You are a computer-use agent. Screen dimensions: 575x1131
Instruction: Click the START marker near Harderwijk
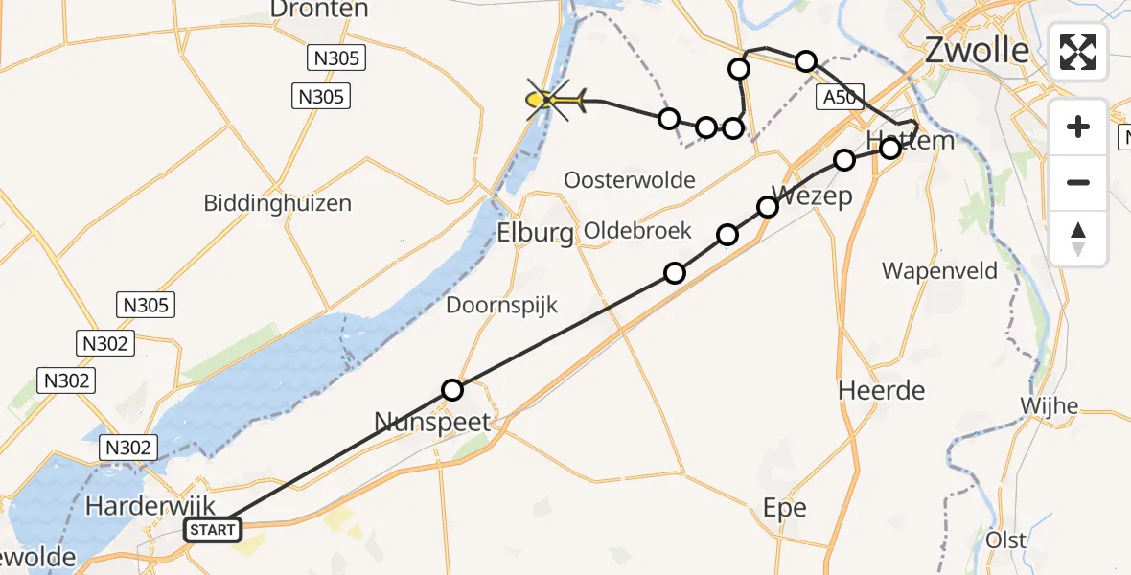(212, 530)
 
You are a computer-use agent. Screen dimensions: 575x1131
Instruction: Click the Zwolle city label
(977, 50)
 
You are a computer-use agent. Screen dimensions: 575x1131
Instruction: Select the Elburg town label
(535, 233)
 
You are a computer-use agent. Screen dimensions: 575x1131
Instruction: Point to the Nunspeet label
(432, 422)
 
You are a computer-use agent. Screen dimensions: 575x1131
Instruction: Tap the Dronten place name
(319, 10)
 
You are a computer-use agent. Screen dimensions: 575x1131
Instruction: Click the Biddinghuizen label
(277, 203)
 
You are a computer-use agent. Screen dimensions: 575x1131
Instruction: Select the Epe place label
(784, 508)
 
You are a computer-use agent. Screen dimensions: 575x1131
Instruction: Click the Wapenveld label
(939, 270)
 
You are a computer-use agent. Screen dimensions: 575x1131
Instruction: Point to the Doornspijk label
(501, 305)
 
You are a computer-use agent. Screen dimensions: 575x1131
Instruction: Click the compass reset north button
(1078, 238)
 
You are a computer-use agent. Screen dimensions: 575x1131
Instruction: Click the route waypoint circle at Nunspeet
(452, 390)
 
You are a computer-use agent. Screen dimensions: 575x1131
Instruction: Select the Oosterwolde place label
(630, 180)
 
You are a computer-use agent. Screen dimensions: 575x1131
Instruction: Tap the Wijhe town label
(1049, 405)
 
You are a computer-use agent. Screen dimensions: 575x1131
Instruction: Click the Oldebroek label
(632, 232)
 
